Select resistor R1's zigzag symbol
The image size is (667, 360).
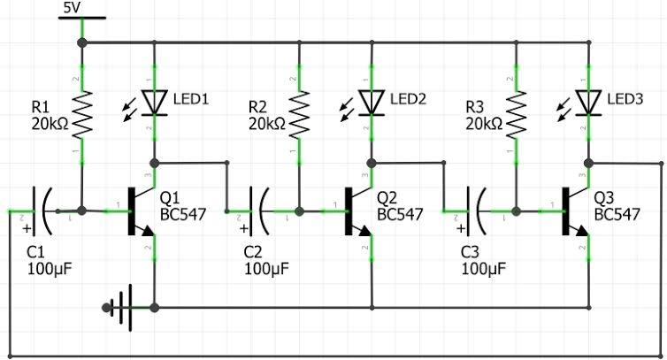pyautogui.click(x=81, y=117)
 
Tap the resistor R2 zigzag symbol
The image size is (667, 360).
pyautogui.click(x=299, y=117)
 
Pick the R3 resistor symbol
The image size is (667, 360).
pyautogui.click(x=516, y=117)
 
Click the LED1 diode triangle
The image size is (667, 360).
pyautogui.click(x=155, y=103)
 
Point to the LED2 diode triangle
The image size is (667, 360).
pyautogui.click(x=372, y=103)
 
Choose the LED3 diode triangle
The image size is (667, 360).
pyautogui.click(x=588, y=103)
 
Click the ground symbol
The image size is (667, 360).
pyautogui.click(x=123, y=308)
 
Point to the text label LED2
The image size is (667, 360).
pyautogui.click(x=408, y=99)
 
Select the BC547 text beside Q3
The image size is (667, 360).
pyautogui.click(x=617, y=214)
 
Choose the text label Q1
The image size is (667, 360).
pyautogui.click(x=170, y=197)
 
